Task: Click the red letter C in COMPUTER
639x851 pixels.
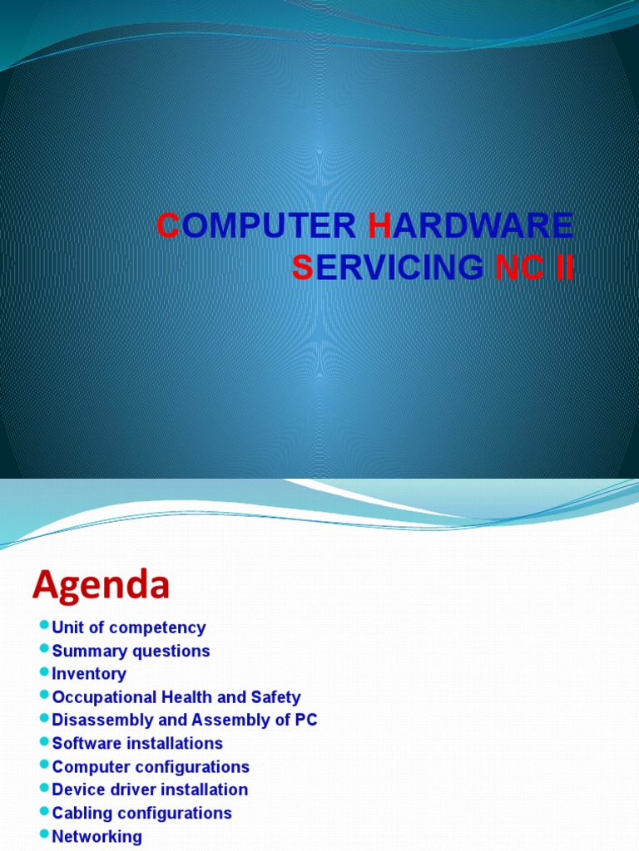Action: (168, 225)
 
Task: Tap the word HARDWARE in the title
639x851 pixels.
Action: (471, 225)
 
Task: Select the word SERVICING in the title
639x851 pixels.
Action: (388, 267)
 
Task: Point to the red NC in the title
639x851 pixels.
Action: (519, 267)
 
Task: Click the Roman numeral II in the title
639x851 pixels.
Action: (565, 267)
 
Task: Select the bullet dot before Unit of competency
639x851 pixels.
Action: (45, 625)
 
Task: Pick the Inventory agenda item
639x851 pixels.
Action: (89, 674)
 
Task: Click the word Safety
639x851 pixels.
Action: (276, 697)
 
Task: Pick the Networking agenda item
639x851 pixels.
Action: (97, 837)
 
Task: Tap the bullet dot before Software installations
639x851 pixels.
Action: (45, 740)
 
